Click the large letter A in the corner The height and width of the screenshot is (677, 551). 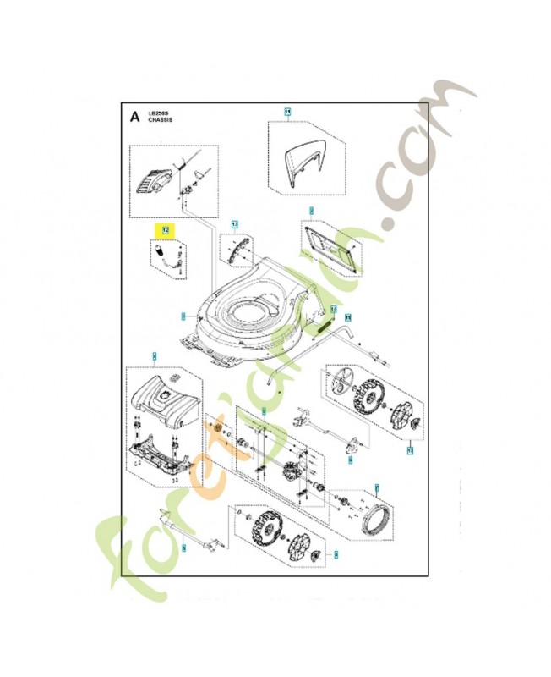point(134,118)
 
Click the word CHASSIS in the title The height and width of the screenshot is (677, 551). point(160,122)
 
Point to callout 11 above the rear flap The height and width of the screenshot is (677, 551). point(287,112)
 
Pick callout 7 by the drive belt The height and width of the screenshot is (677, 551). point(377,487)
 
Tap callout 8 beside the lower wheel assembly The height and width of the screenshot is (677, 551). point(336,555)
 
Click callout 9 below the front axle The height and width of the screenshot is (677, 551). point(183,550)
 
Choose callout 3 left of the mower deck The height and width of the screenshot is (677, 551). point(183,317)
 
